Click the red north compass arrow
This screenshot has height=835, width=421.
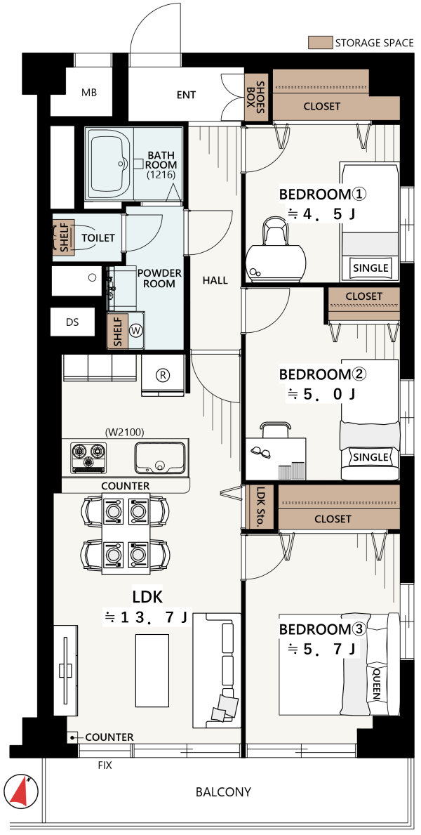[x=20, y=791]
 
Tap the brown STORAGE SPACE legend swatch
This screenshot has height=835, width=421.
[x=319, y=43]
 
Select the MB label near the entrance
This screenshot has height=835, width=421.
[x=89, y=93]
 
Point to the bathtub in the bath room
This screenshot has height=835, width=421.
[x=109, y=166]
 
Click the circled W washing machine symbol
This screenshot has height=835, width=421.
[x=137, y=331]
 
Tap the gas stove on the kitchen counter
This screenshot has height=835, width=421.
[x=88, y=457]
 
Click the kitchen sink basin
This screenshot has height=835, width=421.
[x=160, y=458]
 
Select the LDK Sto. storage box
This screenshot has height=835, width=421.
[x=260, y=507]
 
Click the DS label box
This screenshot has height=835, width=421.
[x=73, y=322]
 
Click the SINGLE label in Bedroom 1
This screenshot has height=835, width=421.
[x=371, y=268]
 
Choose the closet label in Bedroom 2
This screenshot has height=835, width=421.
[x=364, y=296]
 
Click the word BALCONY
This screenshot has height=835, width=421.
[x=224, y=792]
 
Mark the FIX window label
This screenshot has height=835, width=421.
[x=105, y=765]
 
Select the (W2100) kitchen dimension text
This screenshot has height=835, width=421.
[x=125, y=432]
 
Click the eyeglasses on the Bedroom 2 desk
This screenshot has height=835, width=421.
[x=261, y=451]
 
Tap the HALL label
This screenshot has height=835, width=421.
[x=215, y=280]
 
